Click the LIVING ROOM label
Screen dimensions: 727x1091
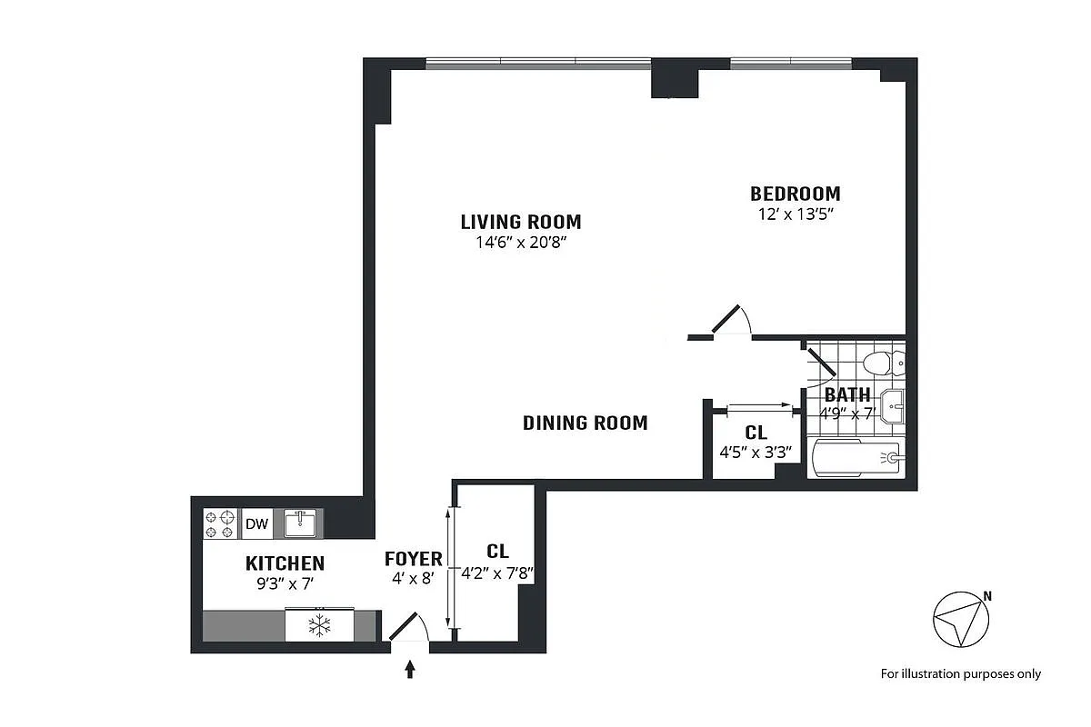[520, 222]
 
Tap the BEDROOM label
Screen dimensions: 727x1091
[795, 194]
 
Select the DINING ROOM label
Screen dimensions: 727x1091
[585, 423]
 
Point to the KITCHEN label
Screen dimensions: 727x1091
[285, 563]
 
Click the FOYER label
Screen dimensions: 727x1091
[413, 559]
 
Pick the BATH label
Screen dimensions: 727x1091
[847, 395]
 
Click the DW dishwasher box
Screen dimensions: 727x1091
[257, 523]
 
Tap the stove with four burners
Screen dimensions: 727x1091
[220, 524]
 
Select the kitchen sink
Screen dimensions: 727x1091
[300, 523]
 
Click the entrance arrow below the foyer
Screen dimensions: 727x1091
[410, 669]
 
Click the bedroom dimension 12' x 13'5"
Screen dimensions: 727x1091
[796, 215]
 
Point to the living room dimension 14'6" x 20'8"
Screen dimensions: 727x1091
[520, 243]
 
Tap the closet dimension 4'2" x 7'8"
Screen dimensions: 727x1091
[496, 573]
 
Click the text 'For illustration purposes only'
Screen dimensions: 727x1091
[960, 673]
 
